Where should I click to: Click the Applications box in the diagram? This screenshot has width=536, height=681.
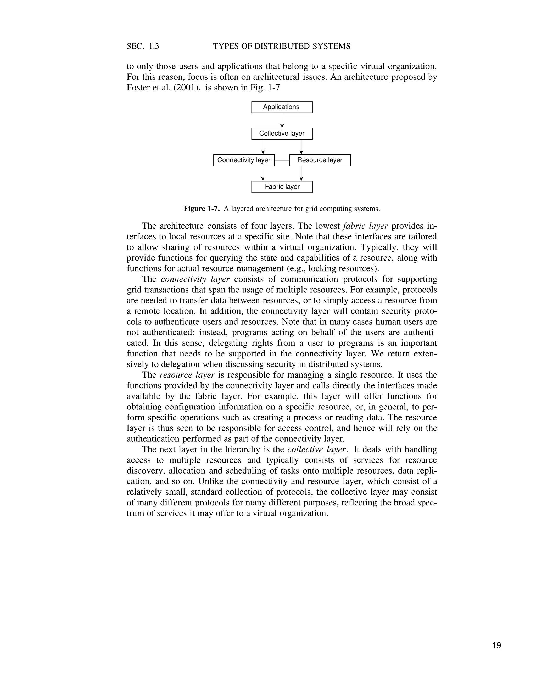coord(282,107)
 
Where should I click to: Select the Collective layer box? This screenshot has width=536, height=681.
coord(282,134)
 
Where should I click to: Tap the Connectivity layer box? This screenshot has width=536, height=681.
coord(244,160)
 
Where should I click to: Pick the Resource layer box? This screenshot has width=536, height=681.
coord(320,160)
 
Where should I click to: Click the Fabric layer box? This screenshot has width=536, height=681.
coord(282,187)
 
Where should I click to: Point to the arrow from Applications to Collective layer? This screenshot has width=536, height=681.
coord(282,120)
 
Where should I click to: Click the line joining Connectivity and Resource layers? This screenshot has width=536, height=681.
coord(282,160)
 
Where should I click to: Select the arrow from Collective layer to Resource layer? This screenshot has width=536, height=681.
coord(301,147)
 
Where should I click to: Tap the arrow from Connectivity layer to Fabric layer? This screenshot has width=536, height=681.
coord(263,174)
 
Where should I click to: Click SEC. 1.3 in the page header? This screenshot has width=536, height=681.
coord(143,46)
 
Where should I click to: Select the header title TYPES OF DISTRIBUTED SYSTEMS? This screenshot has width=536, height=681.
coord(282,46)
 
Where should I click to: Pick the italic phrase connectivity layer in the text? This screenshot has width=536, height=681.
coord(195,279)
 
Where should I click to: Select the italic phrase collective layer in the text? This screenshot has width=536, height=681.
coord(317,449)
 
